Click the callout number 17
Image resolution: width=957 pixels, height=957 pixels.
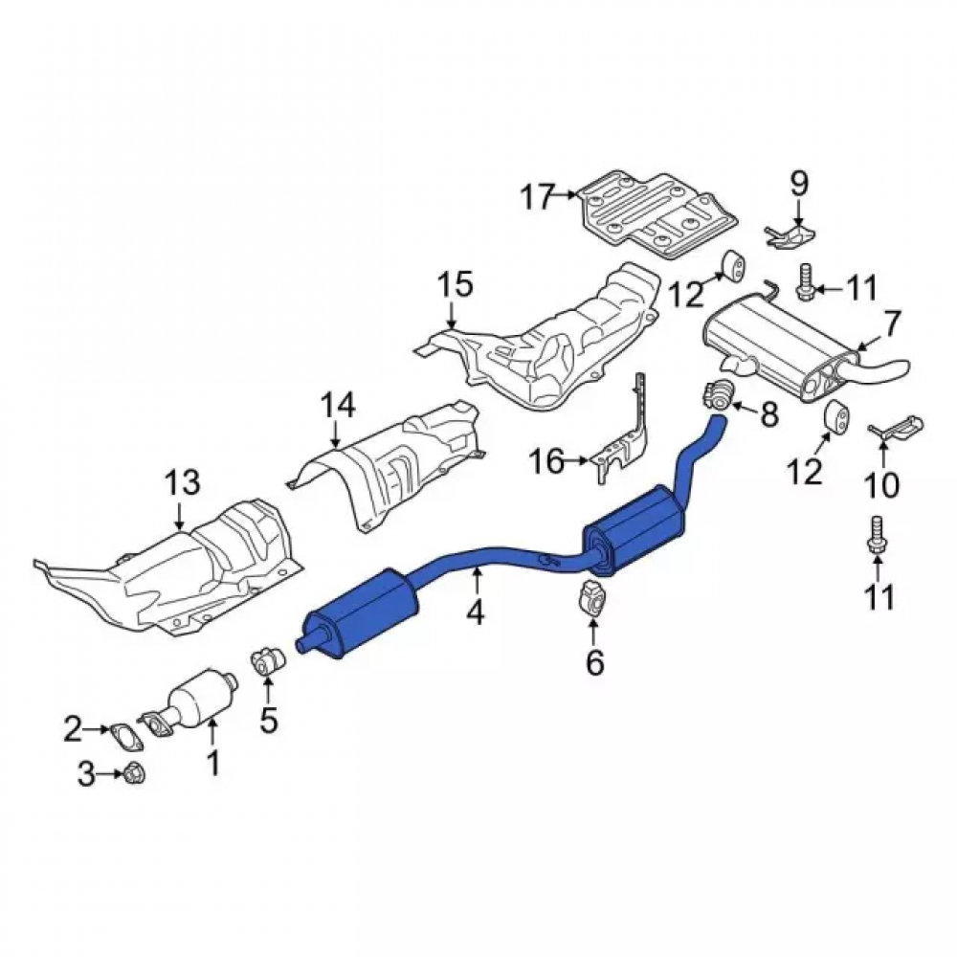click(538, 197)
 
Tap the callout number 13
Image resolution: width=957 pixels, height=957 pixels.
click(183, 482)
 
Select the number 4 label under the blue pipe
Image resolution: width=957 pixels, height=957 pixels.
click(476, 612)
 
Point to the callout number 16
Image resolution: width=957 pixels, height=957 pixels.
click(546, 461)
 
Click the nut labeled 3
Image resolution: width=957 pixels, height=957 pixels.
click(134, 774)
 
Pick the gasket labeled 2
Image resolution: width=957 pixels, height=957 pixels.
click(125, 735)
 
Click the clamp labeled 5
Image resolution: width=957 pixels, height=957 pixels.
click(269, 663)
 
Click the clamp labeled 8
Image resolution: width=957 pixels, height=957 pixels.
click(718, 391)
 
